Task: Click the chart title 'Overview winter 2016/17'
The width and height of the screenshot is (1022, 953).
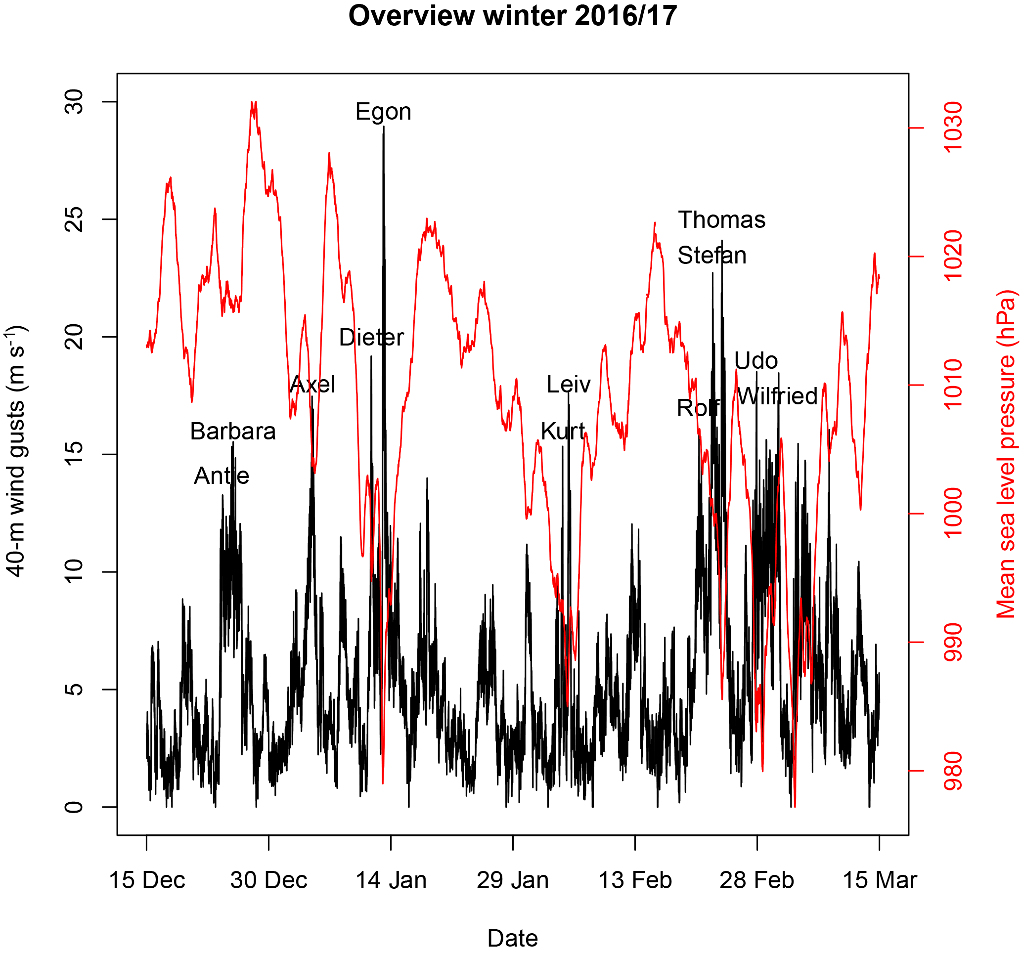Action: pos(513,16)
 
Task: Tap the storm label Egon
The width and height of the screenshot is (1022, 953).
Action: pos(384,112)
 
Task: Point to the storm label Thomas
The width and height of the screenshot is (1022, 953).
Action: pos(722,220)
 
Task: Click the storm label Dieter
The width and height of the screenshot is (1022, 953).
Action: pos(372,338)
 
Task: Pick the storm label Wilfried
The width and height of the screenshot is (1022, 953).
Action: pos(777,396)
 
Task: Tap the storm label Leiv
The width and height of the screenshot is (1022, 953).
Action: pos(569,385)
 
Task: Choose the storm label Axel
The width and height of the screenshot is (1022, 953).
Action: pos(312,385)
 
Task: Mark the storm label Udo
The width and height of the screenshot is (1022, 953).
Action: pos(755,361)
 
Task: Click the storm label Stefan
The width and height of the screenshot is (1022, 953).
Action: pos(712,256)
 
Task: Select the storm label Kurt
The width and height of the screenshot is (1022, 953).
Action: pos(563,431)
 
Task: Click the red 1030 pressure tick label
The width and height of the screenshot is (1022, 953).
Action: pos(954,128)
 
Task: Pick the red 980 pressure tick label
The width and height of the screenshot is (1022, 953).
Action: pos(954,771)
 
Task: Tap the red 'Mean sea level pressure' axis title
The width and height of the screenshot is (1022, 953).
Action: pos(1007,454)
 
